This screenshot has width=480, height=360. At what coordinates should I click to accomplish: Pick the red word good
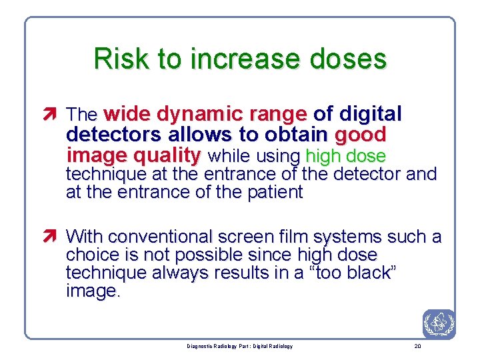[x=360, y=135]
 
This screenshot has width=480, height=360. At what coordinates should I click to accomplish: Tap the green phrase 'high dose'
[x=345, y=157]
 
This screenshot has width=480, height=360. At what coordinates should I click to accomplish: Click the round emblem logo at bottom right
[x=438, y=323]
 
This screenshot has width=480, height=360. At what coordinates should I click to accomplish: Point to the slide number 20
[x=417, y=346]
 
